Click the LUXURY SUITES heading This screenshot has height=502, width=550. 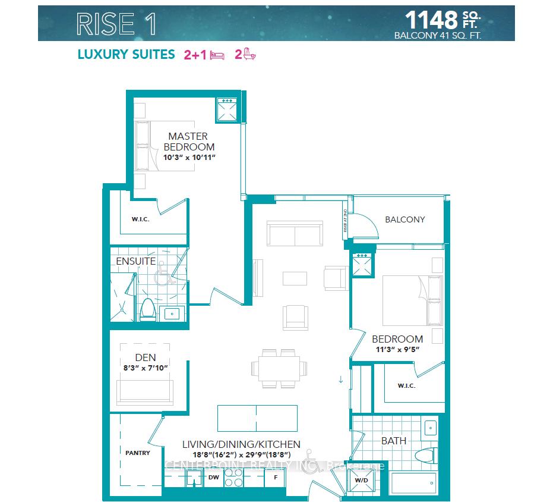click(x=126, y=55)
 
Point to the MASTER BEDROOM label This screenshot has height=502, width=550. click(x=188, y=142)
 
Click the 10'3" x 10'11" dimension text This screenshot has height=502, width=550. click(x=188, y=158)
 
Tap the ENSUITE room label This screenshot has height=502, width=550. click(x=135, y=261)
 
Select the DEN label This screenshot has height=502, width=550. click(x=146, y=357)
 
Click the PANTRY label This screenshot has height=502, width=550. click(x=137, y=453)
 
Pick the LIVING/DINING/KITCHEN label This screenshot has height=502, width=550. click(x=241, y=444)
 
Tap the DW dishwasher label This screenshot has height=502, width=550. click(x=214, y=477)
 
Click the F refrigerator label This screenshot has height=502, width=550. click(x=275, y=477)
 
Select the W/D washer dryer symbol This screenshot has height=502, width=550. click(x=362, y=480)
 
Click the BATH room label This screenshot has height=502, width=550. click(x=394, y=441)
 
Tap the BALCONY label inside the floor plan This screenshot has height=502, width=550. click(x=405, y=219)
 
